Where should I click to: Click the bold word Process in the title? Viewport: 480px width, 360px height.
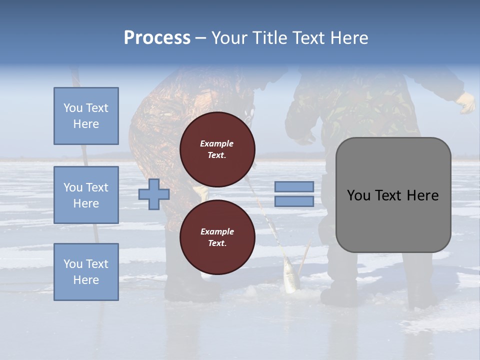coord(157,38)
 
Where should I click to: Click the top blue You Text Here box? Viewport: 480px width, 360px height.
coord(86,116)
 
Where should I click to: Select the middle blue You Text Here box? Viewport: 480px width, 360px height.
coord(86,195)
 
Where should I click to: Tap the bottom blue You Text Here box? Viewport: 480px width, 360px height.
coord(86,272)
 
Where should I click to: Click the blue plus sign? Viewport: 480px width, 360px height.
coord(154,194)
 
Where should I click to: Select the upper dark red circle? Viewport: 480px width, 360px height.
coord(217,149)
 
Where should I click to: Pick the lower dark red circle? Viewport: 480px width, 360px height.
coord(217,237)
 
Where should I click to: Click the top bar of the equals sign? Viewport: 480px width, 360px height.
coord(294,186)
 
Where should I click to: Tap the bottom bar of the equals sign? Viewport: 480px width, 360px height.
coord(294,201)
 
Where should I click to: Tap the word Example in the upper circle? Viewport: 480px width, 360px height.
coord(217,143)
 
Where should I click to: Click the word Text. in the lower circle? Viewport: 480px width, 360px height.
coord(217,243)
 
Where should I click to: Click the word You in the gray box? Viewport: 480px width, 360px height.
coord(358,195)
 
